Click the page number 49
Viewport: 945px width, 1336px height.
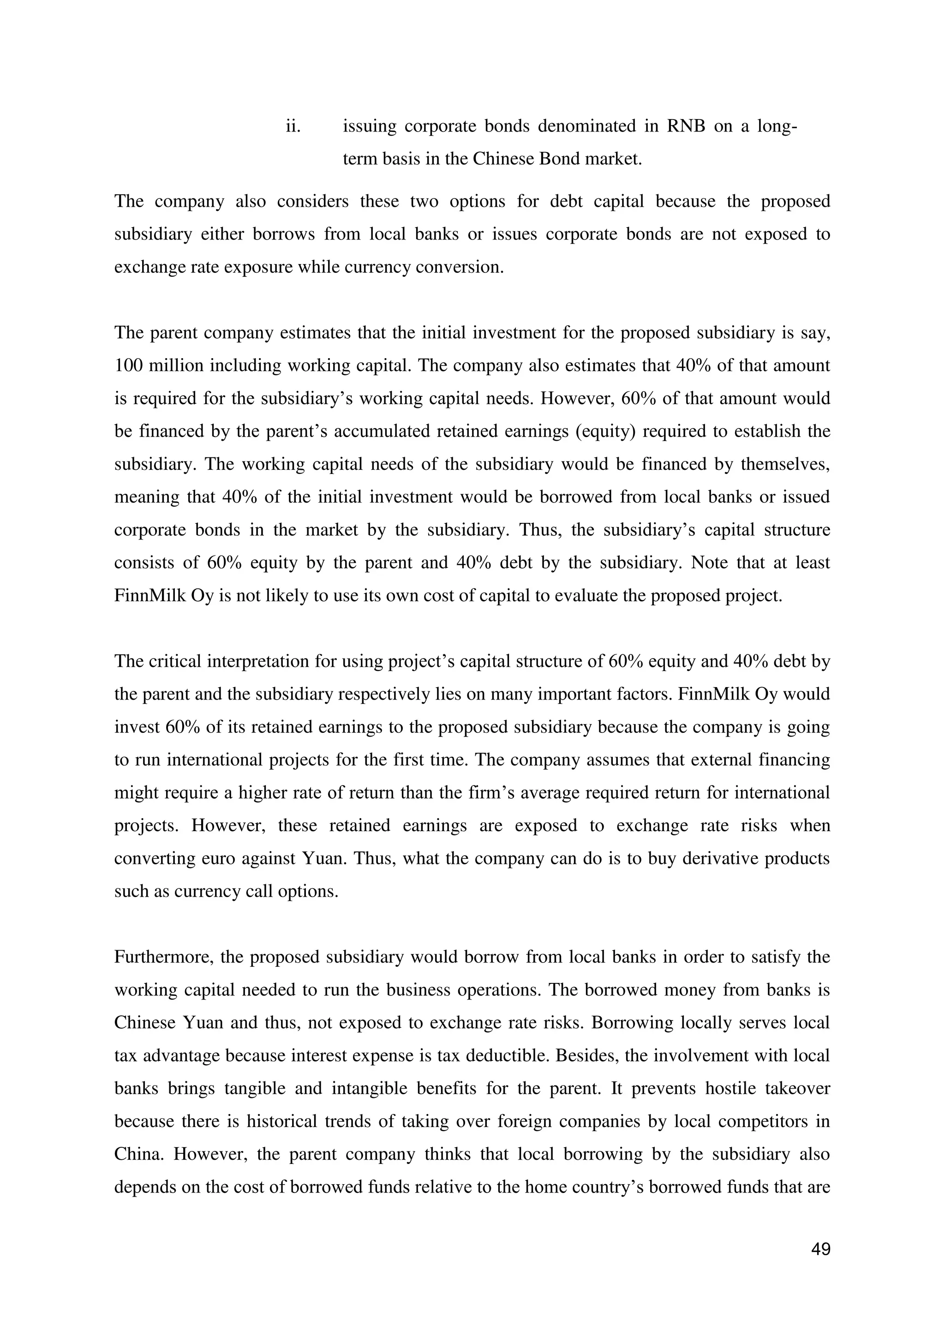click(820, 1249)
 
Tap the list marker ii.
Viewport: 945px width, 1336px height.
click(293, 126)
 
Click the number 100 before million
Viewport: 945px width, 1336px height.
click(127, 365)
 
